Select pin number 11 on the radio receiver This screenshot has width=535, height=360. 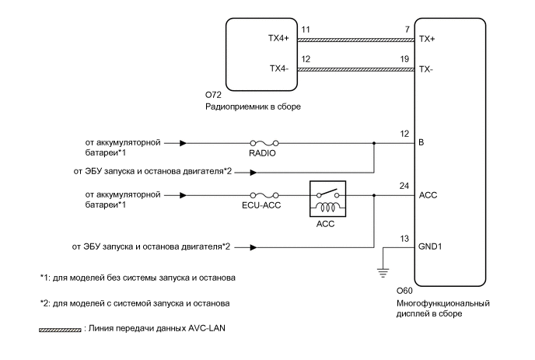click(x=306, y=30)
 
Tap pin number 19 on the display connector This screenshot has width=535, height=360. click(x=404, y=59)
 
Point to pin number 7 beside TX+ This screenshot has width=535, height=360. click(x=406, y=30)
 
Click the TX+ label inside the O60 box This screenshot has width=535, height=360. click(x=426, y=37)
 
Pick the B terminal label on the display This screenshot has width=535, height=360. click(x=421, y=143)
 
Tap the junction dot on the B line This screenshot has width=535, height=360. click(x=374, y=143)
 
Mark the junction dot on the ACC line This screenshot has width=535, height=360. click(x=374, y=196)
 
